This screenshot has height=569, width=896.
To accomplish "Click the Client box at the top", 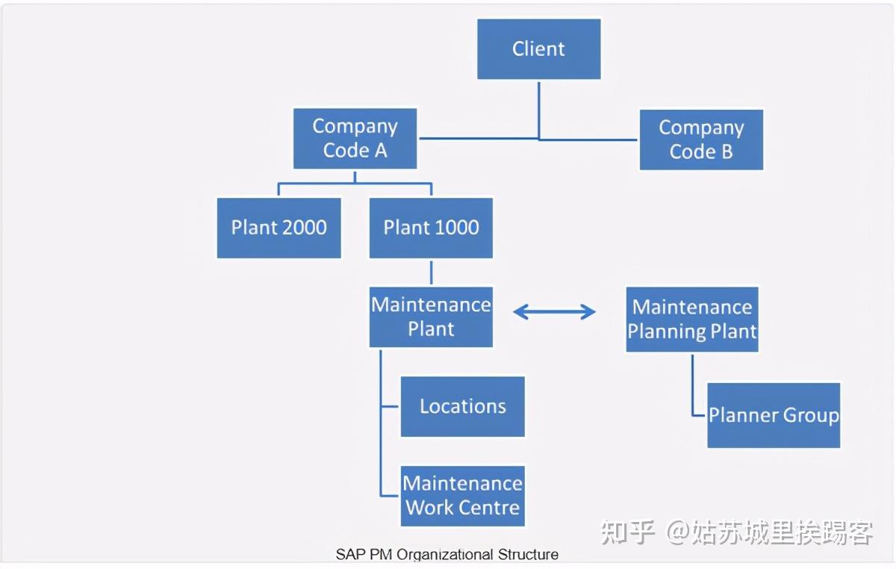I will click(538, 49).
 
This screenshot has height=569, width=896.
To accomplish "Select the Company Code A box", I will click(355, 138).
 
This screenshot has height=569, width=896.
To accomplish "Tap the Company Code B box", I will click(701, 140).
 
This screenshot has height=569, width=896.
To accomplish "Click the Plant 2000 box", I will click(279, 228).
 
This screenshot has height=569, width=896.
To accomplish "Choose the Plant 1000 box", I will click(431, 228).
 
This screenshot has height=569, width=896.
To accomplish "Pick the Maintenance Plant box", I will click(431, 317).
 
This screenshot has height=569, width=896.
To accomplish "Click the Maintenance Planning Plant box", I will click(692, 319).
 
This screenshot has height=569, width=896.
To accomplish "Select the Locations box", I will click(462, 406).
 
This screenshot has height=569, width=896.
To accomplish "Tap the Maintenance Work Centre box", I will click(462, 496).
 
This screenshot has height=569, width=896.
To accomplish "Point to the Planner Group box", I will click(774, 415).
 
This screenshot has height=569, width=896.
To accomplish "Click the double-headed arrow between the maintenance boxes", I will click(554, 312).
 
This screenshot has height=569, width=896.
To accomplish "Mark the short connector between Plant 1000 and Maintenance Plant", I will click(431, 273).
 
